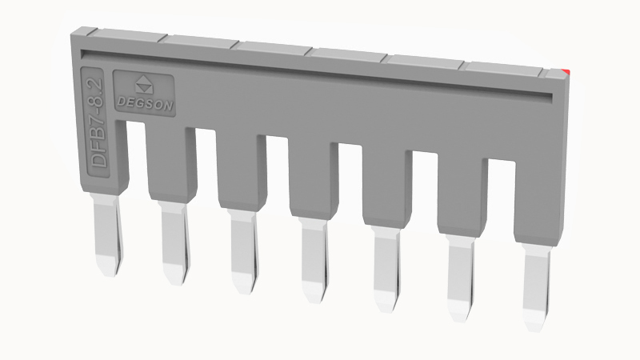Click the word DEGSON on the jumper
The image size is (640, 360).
tap(145, 104)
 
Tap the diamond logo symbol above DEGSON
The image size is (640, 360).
tap(144, 85)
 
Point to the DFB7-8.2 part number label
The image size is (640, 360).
tap(98, 123)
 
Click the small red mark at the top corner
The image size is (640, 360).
tap(566, 72)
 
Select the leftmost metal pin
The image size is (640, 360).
tap(107, 235)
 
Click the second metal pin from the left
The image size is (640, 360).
tap(175, 243)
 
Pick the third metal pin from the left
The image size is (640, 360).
tap(244, 251)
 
